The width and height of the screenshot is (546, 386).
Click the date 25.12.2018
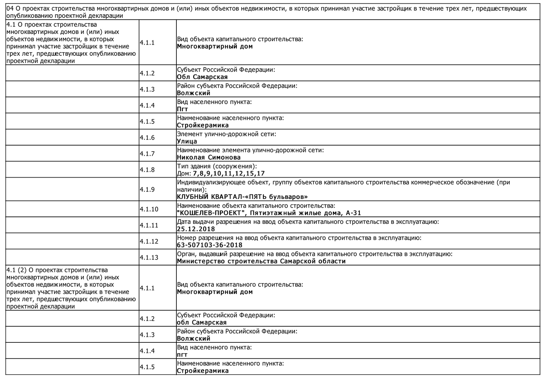pos(196,229)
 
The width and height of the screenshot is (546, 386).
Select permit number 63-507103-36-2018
pos(210,245)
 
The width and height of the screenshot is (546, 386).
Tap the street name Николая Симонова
pos(209,158)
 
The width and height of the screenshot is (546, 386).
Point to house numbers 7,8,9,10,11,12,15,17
pos(229,174)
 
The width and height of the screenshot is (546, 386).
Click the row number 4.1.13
pos(149,257)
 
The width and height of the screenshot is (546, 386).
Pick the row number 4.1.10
pos(149,209)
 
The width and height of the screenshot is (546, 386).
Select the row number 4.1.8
pos(147,170)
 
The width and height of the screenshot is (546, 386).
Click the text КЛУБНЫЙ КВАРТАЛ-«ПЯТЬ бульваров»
pos(242,197)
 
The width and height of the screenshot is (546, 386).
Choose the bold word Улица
pos(187,142)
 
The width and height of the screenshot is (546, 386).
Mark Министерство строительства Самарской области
pos(261,261)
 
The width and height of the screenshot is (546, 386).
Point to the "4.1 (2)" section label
pos(16,270)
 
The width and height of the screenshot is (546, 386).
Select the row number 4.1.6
pos(147,138)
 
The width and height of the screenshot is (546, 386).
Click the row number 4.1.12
pos(149,241)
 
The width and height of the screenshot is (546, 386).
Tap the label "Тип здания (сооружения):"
pos(217,166)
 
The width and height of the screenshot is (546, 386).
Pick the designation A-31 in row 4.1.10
pos(353,213)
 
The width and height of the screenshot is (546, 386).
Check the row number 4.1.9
pos(147,189)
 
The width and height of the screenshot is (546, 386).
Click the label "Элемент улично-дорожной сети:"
pos(226,134)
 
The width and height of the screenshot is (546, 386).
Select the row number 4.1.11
pos(149,225)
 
